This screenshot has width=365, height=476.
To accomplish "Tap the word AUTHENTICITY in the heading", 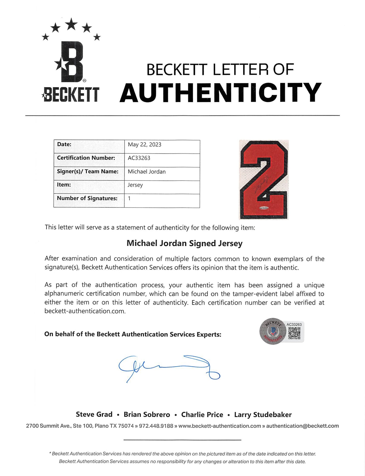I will click(220, 92).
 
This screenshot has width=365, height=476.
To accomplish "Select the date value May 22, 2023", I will click(144, 145).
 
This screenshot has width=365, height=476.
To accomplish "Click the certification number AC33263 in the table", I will click(139, 158).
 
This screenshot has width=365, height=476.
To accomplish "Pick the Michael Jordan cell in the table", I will click(147, 172).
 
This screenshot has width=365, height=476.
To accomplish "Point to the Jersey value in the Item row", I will click(135, 185).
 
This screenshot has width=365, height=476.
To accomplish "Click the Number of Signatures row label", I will click(87, 198).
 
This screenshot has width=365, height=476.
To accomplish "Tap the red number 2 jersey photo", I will click(263, 179).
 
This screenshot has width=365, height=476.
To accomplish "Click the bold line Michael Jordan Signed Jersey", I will click(184, 243).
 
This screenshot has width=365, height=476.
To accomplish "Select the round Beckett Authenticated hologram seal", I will click(273, 331).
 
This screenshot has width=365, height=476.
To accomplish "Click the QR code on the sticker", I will click(294, 333).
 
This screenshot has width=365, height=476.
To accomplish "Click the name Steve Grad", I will click(94, 414).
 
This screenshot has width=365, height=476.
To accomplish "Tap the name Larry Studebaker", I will click(263, 415).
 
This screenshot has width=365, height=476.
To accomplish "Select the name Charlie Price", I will click(202, 415).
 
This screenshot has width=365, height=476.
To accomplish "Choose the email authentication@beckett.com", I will click(302, 426).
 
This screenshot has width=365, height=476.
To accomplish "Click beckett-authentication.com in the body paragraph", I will click(85, 311).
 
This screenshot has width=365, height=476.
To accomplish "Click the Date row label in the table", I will click(64, 144).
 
